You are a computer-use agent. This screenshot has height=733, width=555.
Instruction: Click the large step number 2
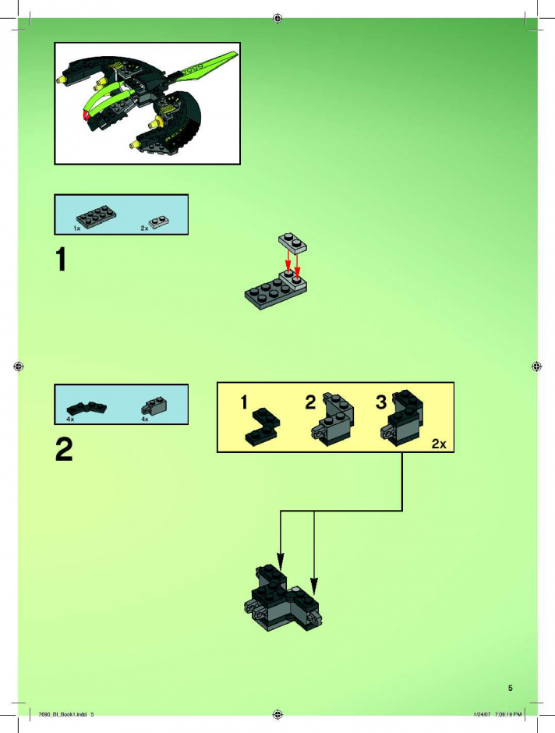click(64, 449)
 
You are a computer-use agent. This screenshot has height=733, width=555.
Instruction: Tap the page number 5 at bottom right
click(510, 688)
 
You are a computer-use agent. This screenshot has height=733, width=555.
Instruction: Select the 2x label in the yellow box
click(439, 444)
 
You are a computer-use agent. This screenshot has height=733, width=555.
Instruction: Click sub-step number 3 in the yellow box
click(381, 402)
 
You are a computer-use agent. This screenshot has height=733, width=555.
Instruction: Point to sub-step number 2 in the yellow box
click(310, 402)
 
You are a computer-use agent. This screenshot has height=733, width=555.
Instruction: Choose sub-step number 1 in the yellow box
click(244, 402)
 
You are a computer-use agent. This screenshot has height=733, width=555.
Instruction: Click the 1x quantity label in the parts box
click(77, 228)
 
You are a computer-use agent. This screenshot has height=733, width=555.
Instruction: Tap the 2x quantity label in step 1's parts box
click(144, 228)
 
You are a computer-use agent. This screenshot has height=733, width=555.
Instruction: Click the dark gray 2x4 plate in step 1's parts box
click(96, 217)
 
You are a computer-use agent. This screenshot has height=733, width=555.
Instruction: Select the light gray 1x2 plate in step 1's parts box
click(159, 221)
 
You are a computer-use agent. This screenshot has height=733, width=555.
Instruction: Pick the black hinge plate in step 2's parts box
click(87, 409)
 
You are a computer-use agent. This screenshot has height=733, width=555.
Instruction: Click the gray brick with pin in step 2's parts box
click(154, 406)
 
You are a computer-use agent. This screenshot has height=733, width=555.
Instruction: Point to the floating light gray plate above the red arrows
click(293, 243)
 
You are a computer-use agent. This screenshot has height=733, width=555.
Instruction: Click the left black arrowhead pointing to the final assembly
click(281, 561)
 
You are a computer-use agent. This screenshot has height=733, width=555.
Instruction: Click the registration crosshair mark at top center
click(277, 18)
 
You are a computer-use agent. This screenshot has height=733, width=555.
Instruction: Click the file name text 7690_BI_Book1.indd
click(63, 714)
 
